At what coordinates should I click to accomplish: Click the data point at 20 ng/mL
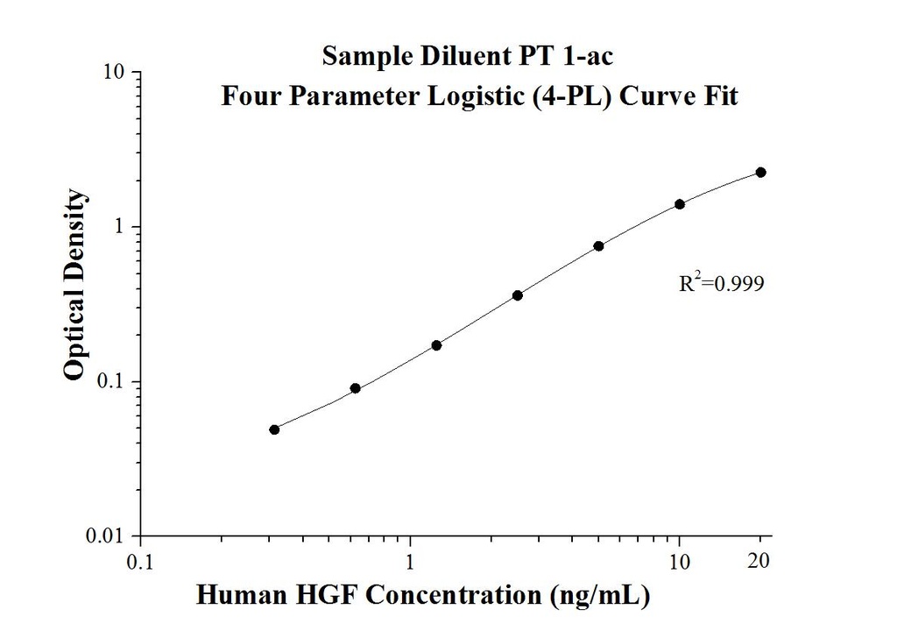click(760, 173)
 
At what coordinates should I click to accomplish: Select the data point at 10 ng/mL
click(679, 204)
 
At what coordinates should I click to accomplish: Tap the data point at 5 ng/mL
click(598, 246)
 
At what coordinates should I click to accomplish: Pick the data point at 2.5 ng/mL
click(518, 295)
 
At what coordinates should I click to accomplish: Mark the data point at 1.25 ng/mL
click(436, 345)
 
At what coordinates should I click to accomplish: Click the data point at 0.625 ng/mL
click(355, 388)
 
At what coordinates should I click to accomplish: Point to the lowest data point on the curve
click(274, 429)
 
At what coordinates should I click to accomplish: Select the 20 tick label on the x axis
click(760, 560)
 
